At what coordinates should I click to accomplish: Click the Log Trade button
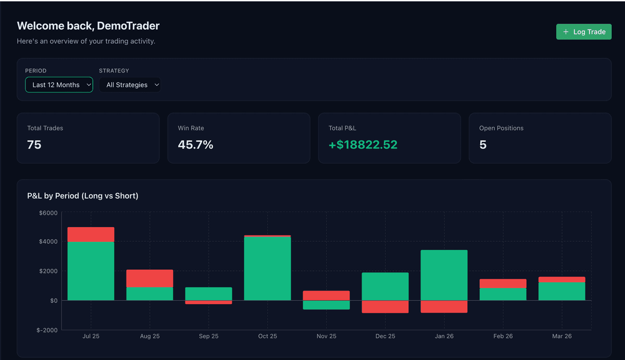coord(583,32)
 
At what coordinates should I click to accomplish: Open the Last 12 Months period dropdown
coord(59,85)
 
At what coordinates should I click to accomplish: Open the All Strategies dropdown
coord(130,85)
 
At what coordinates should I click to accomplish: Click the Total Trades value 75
coord(34,145)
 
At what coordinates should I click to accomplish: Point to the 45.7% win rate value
coord(195,145)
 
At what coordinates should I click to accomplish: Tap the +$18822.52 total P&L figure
coord(363,145)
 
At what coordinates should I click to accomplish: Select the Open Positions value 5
coord(483,145)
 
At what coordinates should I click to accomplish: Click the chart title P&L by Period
coord(83,196)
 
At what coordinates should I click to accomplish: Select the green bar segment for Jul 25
coord(91,271)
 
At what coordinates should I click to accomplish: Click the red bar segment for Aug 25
coord(149,278)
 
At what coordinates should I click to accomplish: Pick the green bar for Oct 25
coord(267,268)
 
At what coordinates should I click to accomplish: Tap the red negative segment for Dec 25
coord(385,306)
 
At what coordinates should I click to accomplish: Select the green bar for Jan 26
coord(444,275)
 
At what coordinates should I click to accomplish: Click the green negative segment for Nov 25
coord(326,305)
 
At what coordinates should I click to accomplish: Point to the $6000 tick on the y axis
coord(48,213)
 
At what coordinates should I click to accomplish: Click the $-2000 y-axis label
coord(47,330)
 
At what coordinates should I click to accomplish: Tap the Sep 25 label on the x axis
coord(208,336)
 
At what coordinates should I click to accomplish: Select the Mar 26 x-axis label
coord(561,336)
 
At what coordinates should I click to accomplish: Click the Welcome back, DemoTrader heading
coord(88,26)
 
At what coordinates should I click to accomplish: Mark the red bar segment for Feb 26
coord(503,283)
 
